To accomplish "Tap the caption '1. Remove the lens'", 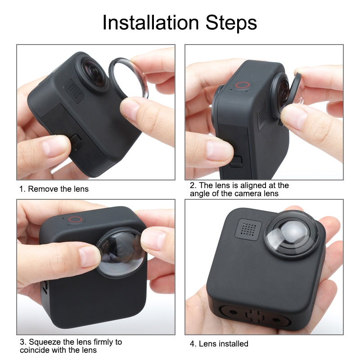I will [54, 189].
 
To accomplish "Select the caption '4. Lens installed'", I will [219, 344].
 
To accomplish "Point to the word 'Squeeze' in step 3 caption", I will [41, 342].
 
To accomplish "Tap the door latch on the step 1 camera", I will [78, 143].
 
